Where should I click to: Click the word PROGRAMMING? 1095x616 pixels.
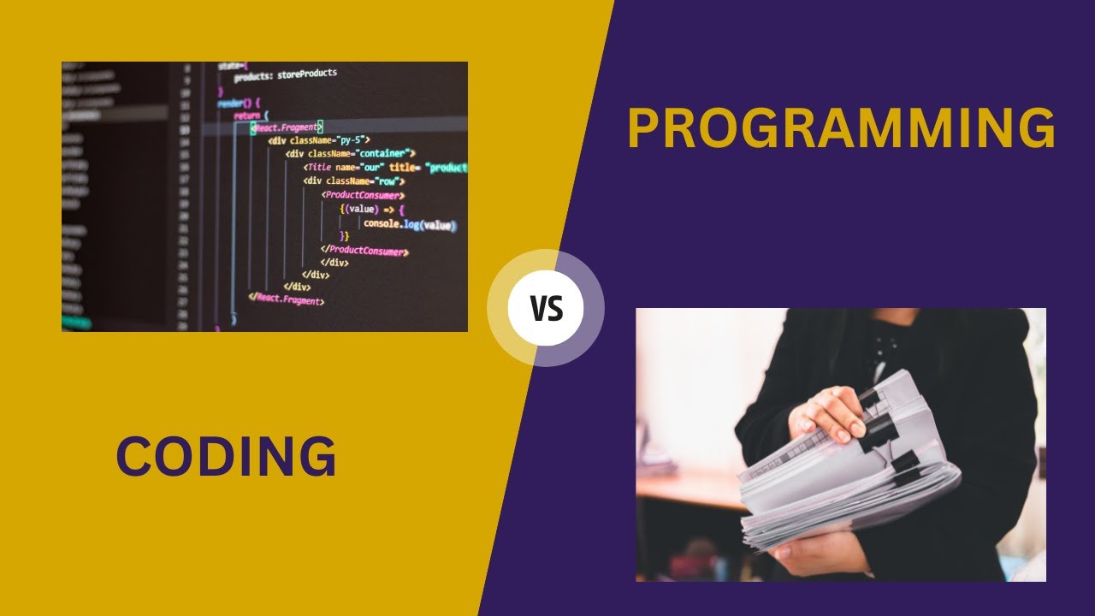[841, 129]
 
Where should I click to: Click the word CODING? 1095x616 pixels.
[226, 457]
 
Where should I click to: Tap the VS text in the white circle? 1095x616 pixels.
[546, 308]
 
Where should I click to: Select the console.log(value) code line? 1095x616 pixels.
[409, 224]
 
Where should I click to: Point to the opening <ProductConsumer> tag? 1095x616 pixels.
[363, 195]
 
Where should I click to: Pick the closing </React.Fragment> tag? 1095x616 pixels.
[287, 300]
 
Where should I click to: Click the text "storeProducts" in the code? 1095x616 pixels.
[306, 74]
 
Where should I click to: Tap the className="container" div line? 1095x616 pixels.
[351, 153]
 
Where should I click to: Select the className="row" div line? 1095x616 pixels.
[353, 181]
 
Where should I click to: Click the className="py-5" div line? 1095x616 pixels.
[318, 139]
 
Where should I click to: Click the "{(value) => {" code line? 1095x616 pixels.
[371, 210]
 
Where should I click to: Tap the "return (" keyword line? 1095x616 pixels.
[251, 115]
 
